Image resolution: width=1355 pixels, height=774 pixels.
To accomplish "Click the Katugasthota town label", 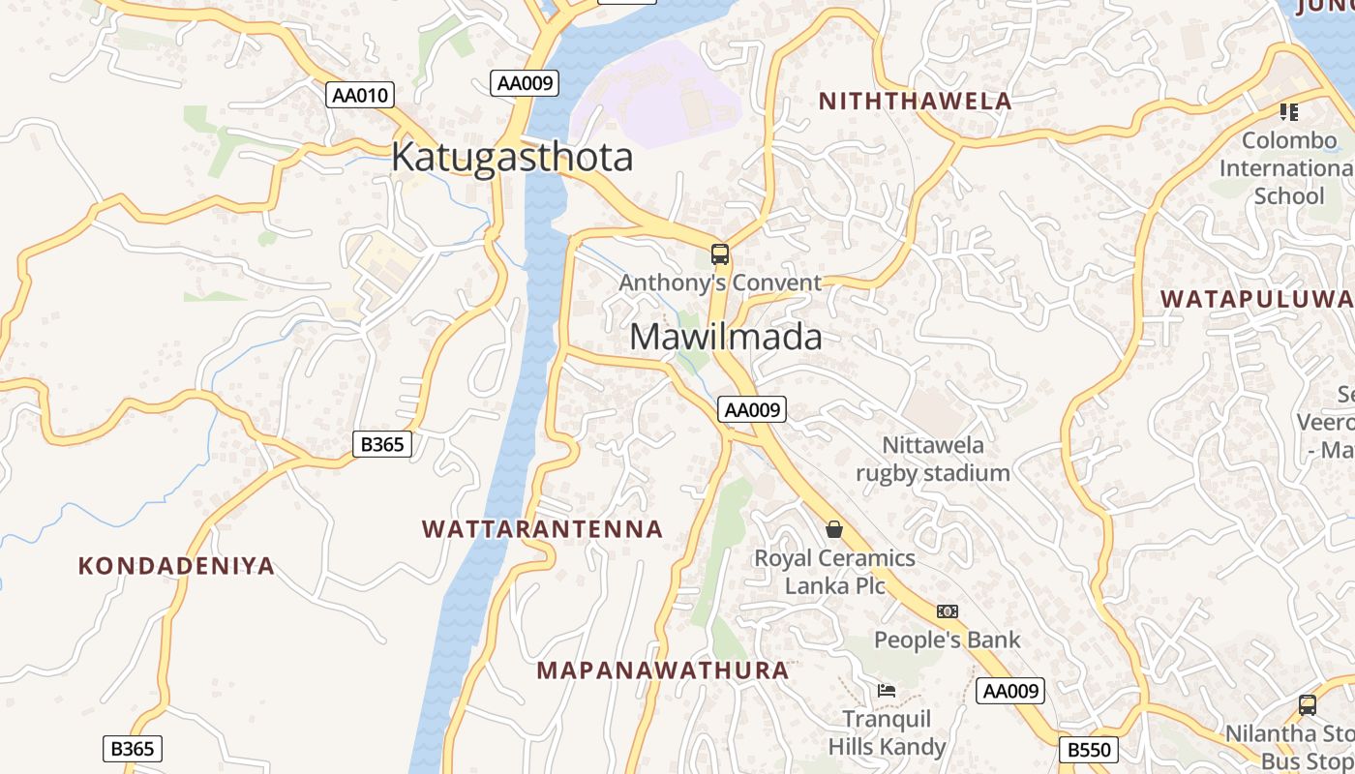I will tap(512, 157).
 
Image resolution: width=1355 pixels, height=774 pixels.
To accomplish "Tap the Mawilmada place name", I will tap(726, 337).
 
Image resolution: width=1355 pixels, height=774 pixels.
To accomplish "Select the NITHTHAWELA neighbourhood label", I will tap(915, 101).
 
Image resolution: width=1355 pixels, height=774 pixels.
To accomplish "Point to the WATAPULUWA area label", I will tap(1256, 298).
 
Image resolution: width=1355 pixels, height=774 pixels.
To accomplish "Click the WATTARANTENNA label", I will tap(543, 529).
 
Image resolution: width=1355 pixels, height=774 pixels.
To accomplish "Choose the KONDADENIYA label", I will tap(176, 566).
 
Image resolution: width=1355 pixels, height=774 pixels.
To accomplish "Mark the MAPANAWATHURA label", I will tap(663, 670).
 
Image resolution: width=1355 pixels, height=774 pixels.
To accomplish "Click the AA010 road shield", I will tap(360, 95).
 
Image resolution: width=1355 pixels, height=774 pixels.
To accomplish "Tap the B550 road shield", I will tap(1089, 750).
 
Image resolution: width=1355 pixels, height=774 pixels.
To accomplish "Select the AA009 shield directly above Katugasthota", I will tap(525, 83).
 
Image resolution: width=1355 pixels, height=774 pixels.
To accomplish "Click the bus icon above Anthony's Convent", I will tap(720, 254).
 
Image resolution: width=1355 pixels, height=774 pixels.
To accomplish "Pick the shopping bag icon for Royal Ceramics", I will tap(834, 529).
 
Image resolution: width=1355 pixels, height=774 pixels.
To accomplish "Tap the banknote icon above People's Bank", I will tap(948, 611).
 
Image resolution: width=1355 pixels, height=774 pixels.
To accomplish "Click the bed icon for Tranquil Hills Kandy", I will tap(887, 691).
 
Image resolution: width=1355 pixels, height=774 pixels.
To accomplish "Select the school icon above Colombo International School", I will tap(1289, 112).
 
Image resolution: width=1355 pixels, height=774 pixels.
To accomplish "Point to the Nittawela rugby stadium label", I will tap(933, 459).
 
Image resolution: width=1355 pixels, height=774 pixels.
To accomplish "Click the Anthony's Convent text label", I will tap(720, 283).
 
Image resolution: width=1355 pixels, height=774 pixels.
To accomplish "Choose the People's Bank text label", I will tap(948, 640).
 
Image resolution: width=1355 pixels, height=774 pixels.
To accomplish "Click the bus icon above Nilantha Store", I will tap(1308, 705).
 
